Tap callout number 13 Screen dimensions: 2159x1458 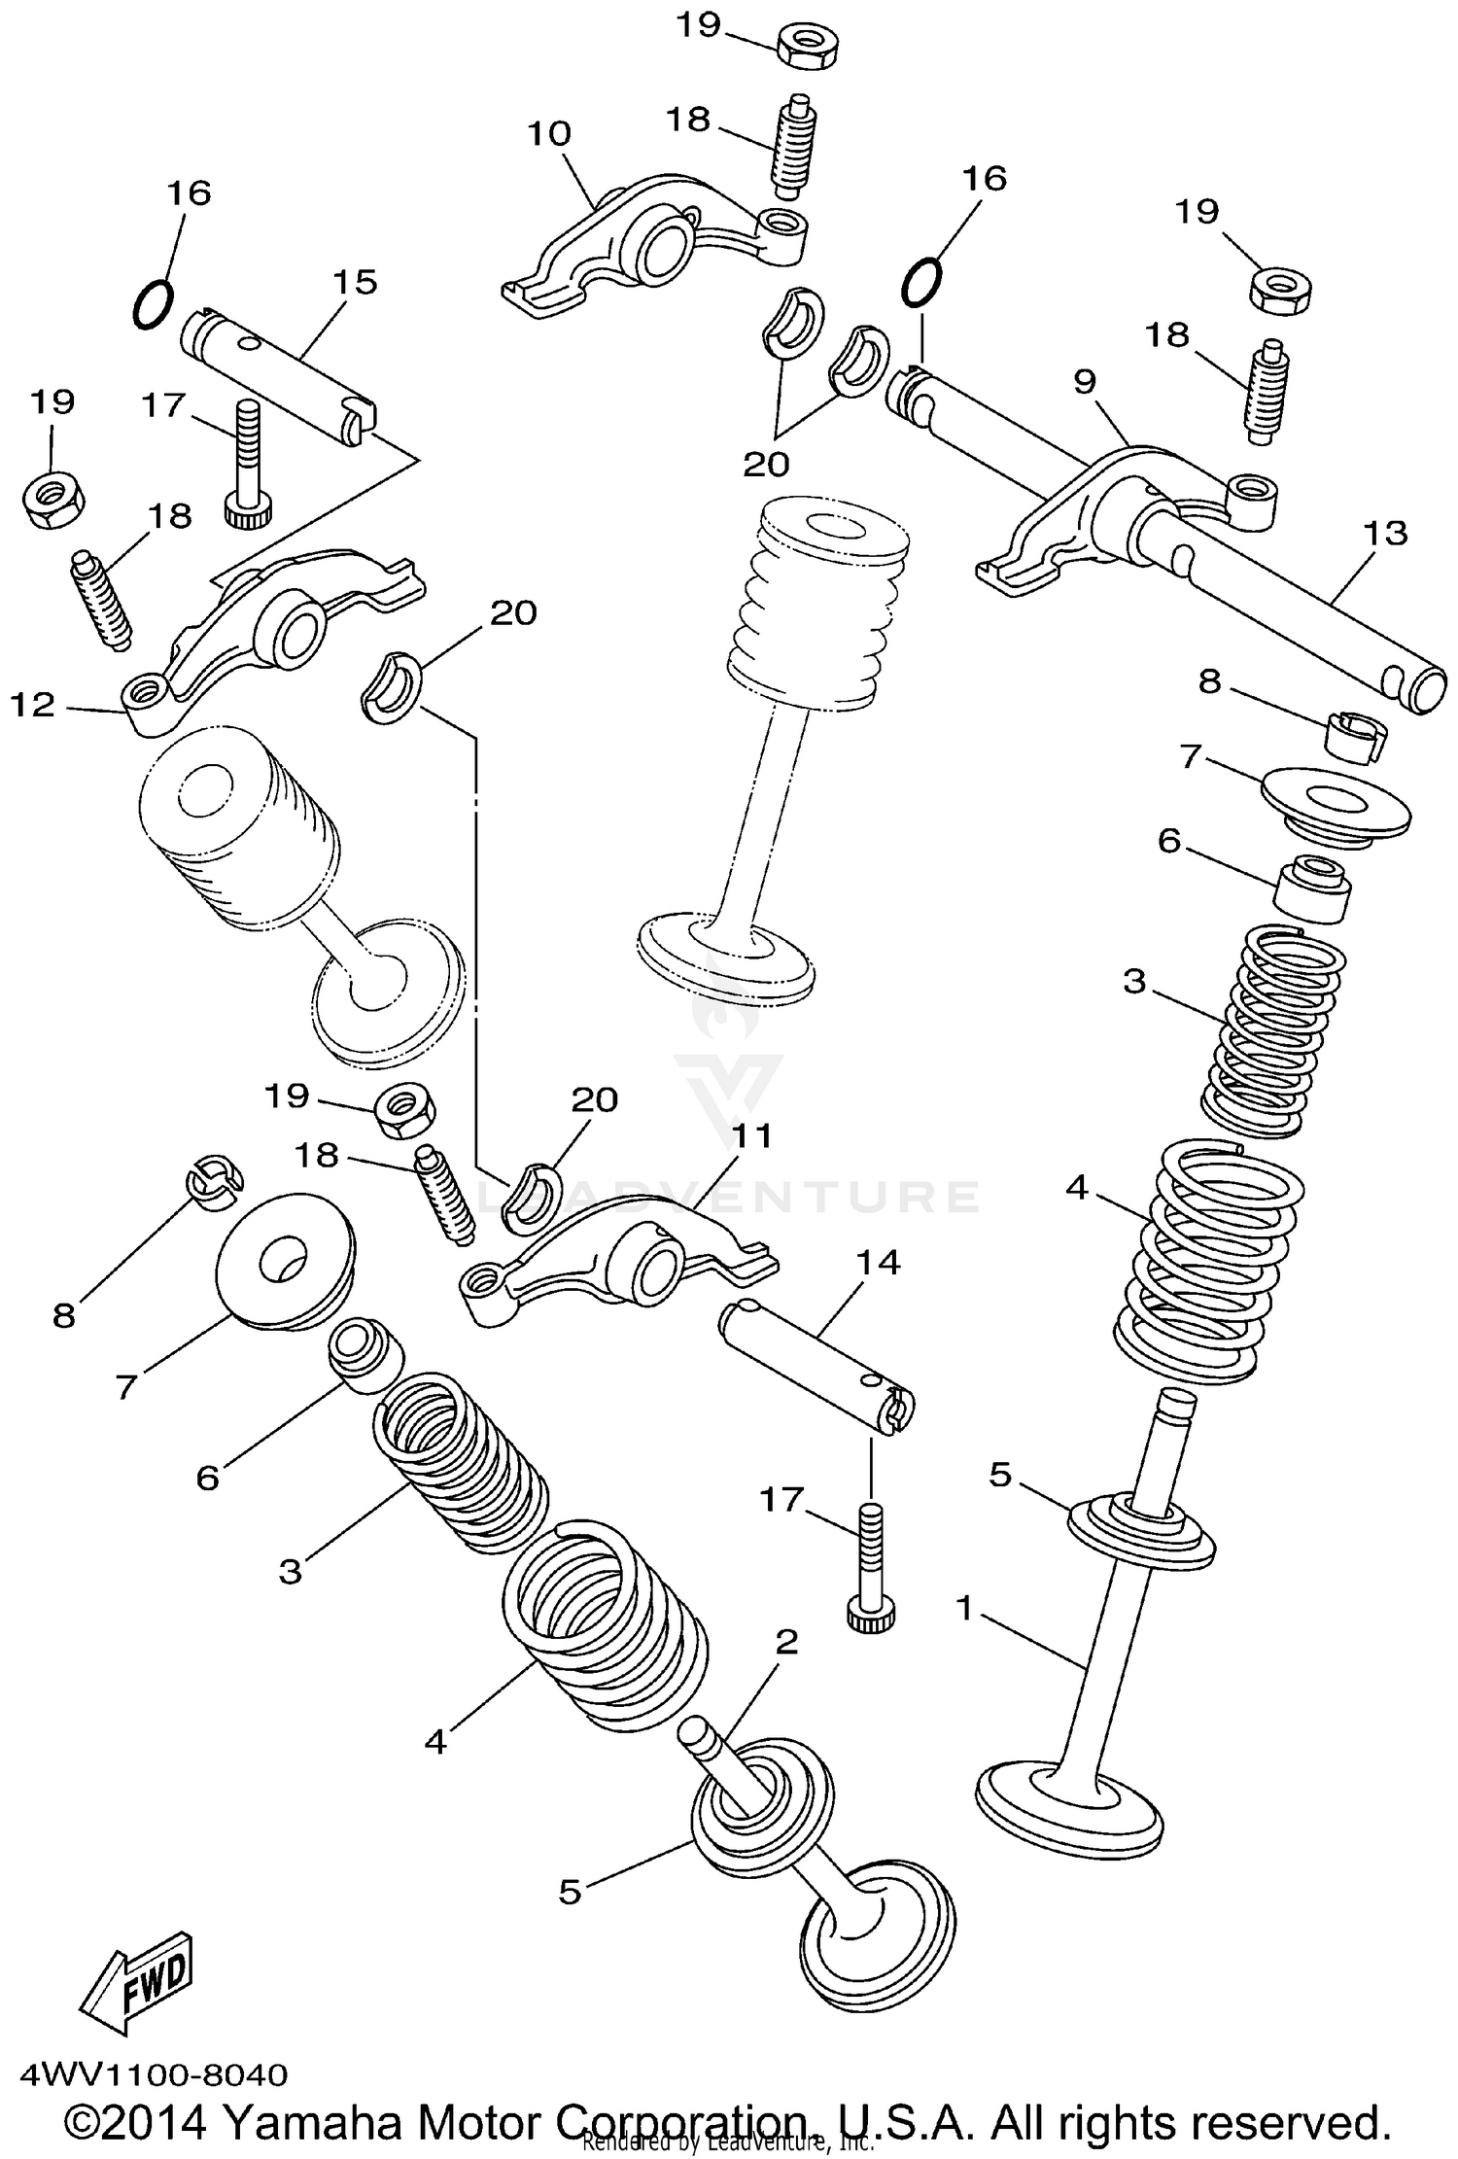pos(1384,532)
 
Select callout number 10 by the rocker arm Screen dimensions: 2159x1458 pos(549,133)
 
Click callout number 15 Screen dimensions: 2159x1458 pos(354,282)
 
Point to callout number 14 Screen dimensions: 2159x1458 pos(878,1262)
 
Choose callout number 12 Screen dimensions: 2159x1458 pos(33,705)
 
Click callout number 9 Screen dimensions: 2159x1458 pos(1085,381)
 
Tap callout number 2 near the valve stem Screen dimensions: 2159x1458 pos(786,1641)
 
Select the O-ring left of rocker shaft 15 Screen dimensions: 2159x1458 pos(153,304)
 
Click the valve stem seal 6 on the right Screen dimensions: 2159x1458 pos(1312,886)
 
